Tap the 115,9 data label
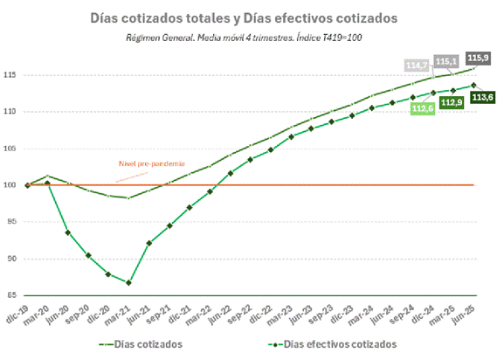pos(478,57)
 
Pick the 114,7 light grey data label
pos(418,66)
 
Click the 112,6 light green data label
pos(424,108)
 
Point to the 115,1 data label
pos(447,61)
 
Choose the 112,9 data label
pos(452,102)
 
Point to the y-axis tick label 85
pos(14,295)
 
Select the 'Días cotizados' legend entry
pos(152,344)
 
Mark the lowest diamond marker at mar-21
pos(128,282)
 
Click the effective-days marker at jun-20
pos(68,232)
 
